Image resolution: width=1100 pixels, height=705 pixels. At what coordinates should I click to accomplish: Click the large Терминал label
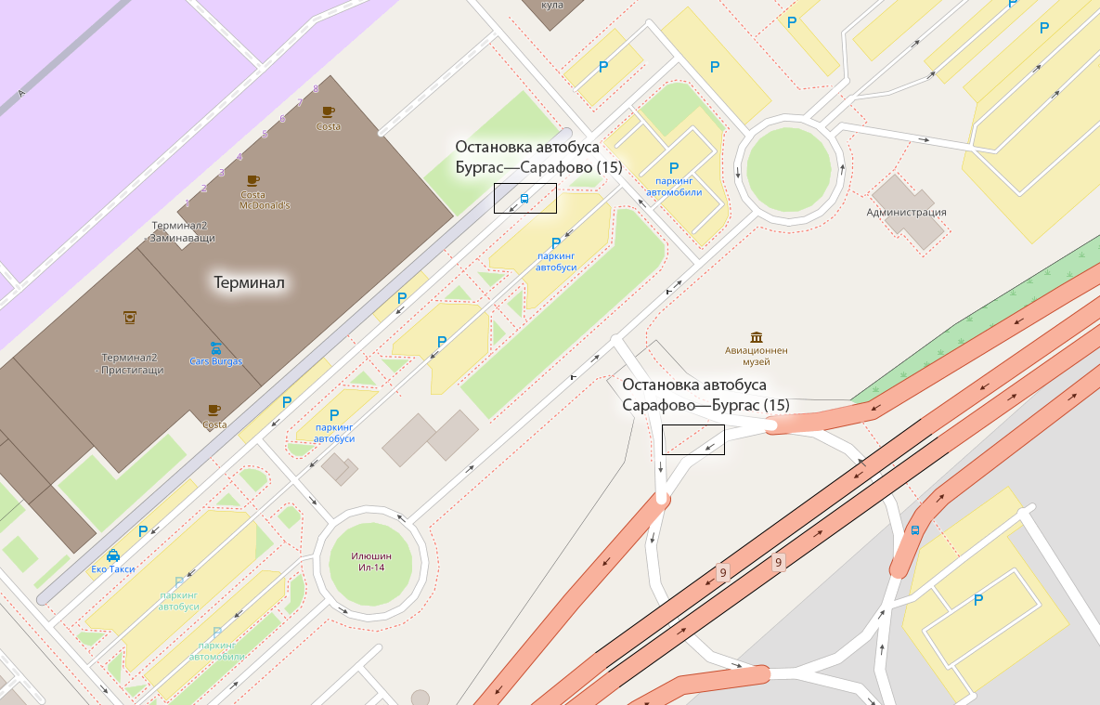click(x=249, y=282)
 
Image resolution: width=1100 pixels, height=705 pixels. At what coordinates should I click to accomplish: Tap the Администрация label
click(x=906, y=212)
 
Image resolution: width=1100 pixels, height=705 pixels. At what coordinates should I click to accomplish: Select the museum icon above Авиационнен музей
click(x=757, y=336)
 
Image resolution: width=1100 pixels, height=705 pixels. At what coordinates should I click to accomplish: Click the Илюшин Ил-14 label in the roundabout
click(x=370, y=561)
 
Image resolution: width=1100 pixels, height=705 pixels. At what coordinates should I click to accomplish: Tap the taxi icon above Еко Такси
click(x=112, y=555)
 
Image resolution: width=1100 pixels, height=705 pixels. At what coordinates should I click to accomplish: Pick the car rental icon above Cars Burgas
click(x=215, y=348)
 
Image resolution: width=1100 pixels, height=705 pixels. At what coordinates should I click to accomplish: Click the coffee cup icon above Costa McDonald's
click(x=252, y=180)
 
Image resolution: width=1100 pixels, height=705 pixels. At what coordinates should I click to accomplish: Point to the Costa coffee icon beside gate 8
click(x=328, y=112)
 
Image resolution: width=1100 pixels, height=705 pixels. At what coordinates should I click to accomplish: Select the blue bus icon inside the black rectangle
click(x=524, y=198)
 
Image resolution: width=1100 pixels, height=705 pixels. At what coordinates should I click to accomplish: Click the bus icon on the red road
click(x=914, y=530)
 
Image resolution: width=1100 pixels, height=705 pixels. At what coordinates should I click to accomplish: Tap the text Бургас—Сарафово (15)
click(x=537, y=167)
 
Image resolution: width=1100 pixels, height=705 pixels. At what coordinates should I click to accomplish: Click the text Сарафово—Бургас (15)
click(x=705, y=405)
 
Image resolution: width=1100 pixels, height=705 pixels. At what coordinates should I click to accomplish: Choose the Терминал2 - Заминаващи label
click(x=183, y=232)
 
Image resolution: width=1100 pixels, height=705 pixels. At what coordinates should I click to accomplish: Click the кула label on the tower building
click(x=552, y=6)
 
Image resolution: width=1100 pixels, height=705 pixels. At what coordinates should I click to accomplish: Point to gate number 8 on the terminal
click(x=317, y=89)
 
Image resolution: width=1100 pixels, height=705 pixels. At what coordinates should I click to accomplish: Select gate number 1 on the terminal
click(x=188, y=202)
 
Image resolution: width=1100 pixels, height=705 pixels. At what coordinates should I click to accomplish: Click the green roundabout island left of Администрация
click(x=788, y=167)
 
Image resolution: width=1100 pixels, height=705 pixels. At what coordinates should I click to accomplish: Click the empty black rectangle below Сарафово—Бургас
click(x=692, y=439)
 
